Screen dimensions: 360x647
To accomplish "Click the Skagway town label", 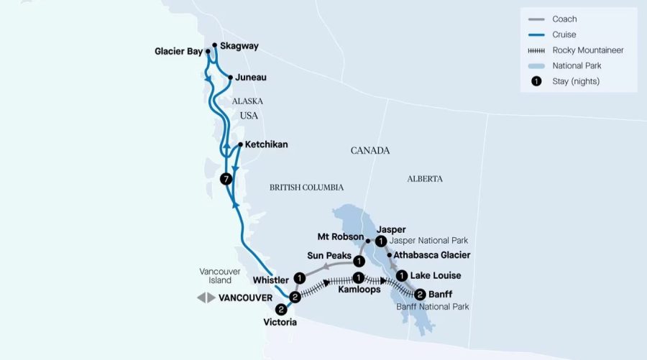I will click(x=239, y=46).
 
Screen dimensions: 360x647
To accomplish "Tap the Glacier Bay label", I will click(x=178, y=51).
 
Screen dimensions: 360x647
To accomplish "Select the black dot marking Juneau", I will click(x=229, y=77).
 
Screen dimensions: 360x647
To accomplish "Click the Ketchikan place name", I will click(x=266, y=144).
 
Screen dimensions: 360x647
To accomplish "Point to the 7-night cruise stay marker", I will click(x=226, y=178).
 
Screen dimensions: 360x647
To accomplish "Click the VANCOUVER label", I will click(x=245, y=297).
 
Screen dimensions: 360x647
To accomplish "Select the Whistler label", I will click(x=271, y=280).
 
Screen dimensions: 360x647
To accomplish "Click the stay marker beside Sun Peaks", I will click(x=358, y=260).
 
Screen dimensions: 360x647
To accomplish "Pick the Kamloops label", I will click(x=359, y=290).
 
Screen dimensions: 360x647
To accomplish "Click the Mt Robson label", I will click(x=339, y=236).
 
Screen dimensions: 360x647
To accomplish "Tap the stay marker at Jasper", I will click(x=381, y=241).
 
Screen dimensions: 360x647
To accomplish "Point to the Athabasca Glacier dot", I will click(x=390, y=255).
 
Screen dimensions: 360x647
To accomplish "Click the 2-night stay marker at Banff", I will click(x=420, y=293).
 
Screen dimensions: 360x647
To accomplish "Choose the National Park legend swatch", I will click(x=535, y=65).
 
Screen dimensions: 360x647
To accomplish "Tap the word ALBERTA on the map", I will click(x=424, y=179).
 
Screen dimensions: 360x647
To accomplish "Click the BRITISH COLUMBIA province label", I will click(x=306, y=188).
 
